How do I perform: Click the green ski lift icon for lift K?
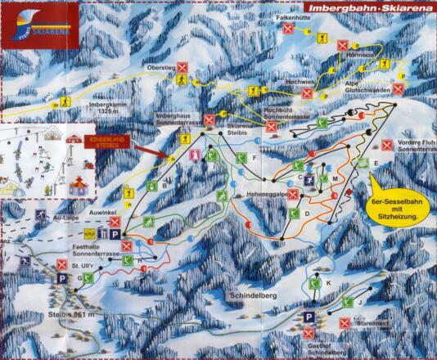pyautogui.click(x=313, y=284)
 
